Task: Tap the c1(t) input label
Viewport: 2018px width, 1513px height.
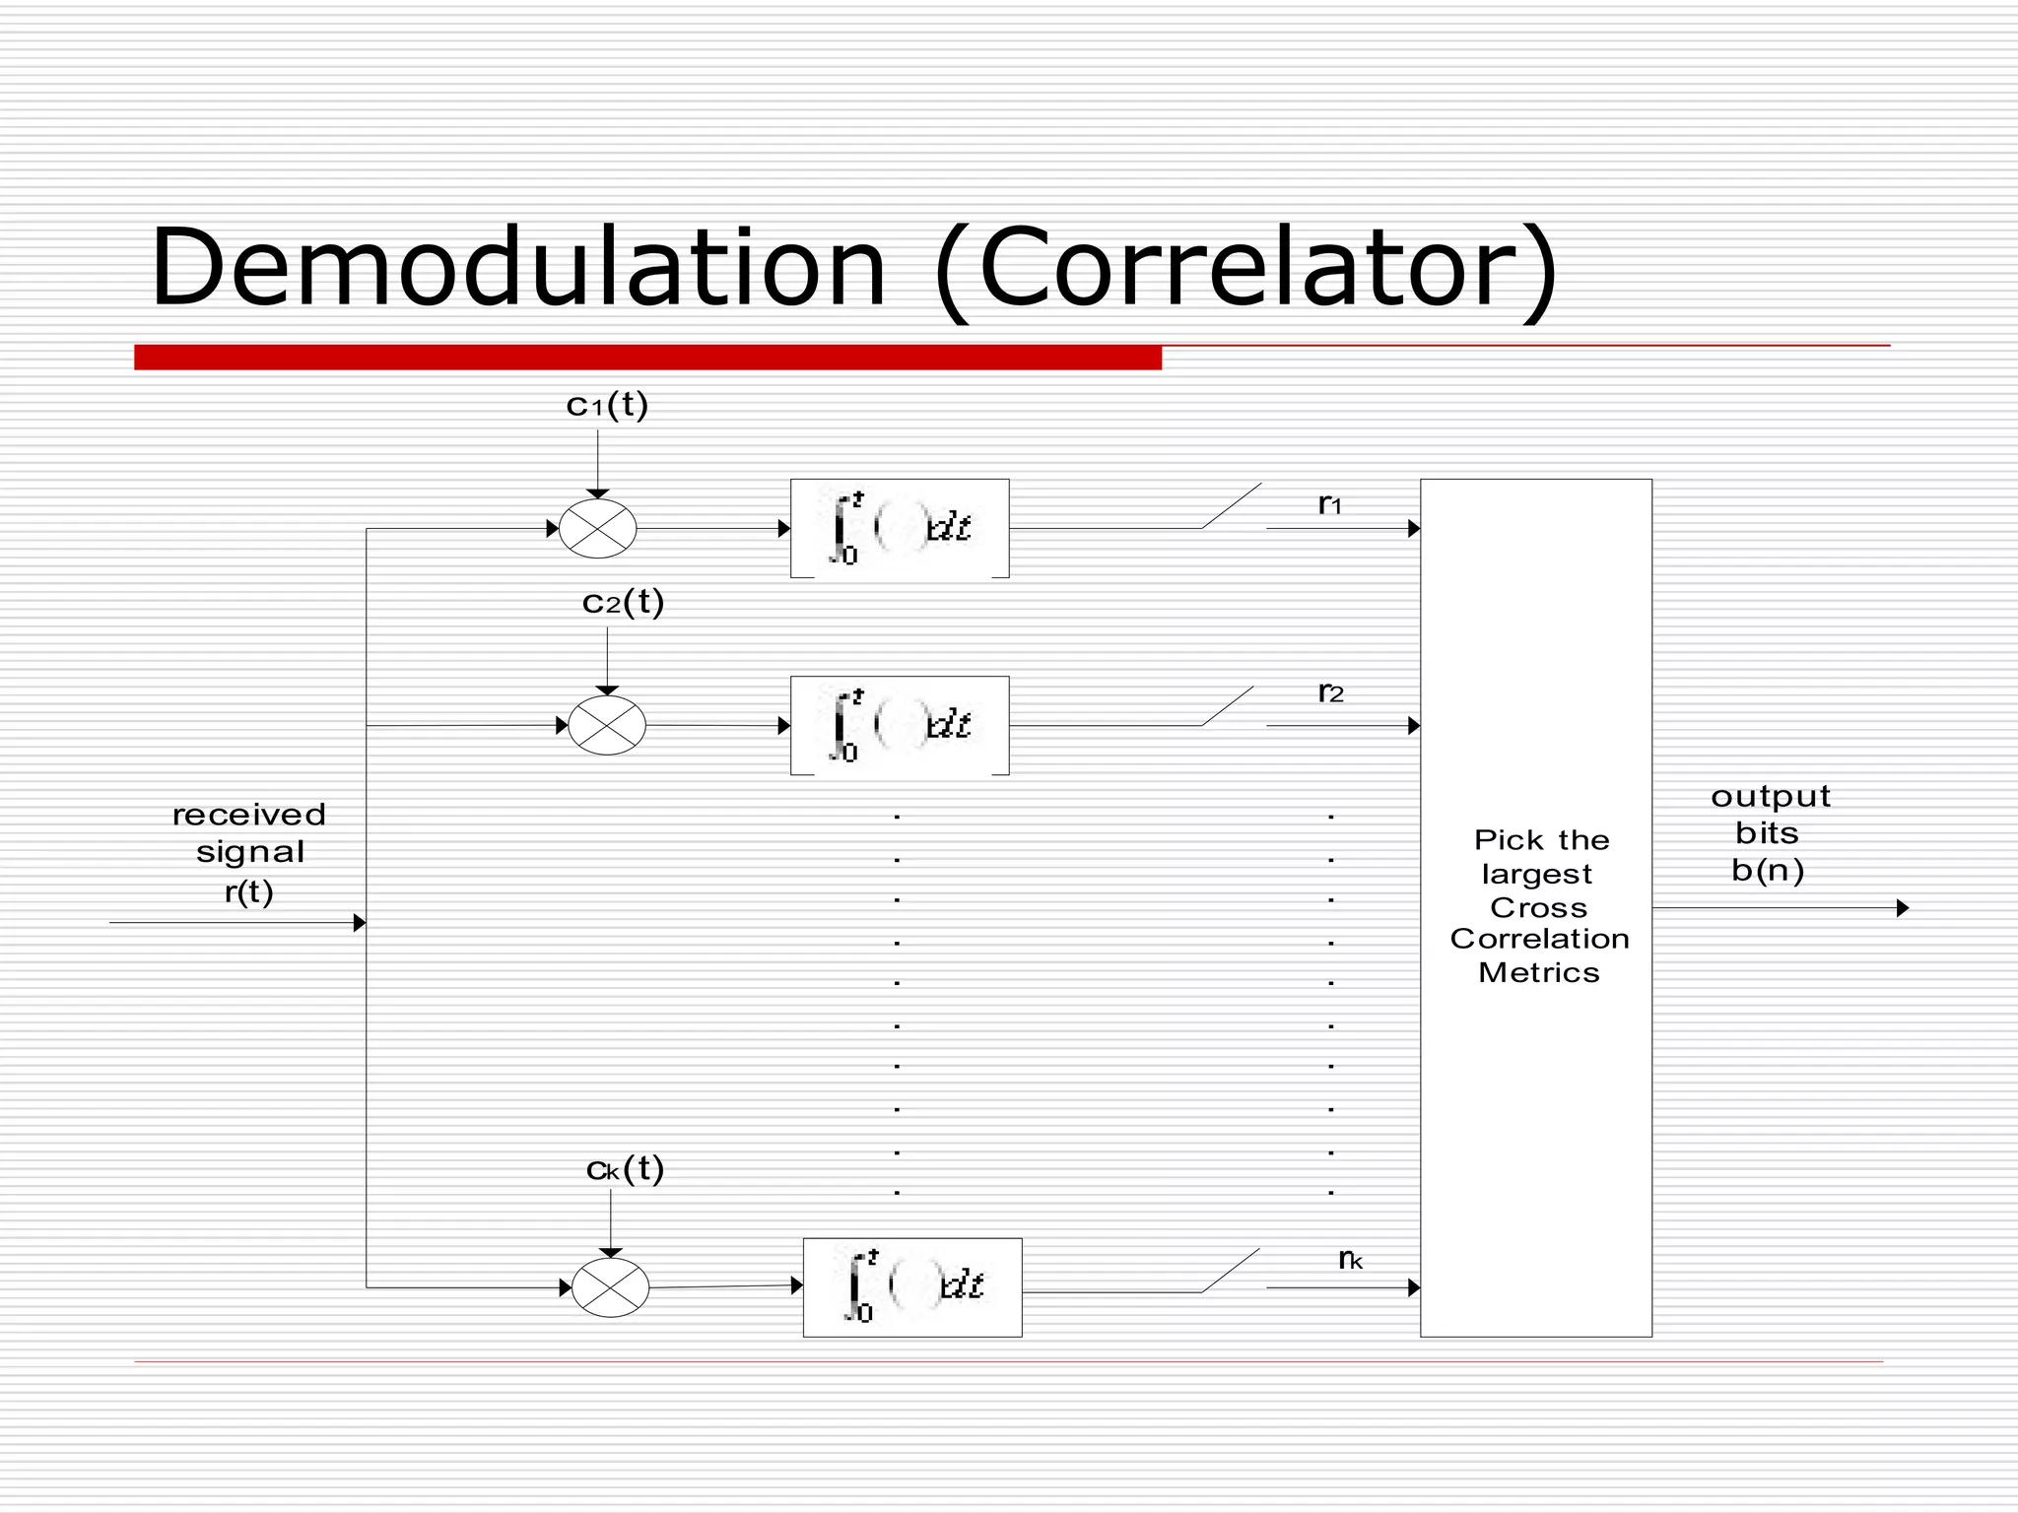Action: coord(607,405)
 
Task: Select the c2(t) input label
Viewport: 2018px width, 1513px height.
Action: coord(623,602)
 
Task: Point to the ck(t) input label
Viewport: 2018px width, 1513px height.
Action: coord(625,1169)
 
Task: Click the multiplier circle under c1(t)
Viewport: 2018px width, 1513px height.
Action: coord(598,529)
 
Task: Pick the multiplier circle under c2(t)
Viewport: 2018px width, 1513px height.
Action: coord(607,726)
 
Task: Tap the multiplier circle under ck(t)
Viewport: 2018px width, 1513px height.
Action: coord(611,1287)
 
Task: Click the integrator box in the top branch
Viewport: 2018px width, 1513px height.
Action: coord(900,529)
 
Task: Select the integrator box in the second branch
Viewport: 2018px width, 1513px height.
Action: coord(900,726)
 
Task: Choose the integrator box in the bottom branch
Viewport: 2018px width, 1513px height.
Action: coord(912,1287)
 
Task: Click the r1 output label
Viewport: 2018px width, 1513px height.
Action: coord(1330,505)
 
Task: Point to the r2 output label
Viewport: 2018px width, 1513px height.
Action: coord(1330,693)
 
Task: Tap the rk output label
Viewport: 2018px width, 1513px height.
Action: coord(1350,1260)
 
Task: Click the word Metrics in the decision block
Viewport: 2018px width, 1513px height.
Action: coord(1538,973)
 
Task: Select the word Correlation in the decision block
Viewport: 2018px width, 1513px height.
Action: coord(1539,939)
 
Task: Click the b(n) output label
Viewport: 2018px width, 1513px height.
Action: coord(1768,871)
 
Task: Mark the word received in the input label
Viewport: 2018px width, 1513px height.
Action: coord(248,815)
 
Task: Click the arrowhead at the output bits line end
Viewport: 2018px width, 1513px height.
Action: coord(1903,908)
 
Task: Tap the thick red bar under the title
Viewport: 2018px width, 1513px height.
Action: coord(647,358)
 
